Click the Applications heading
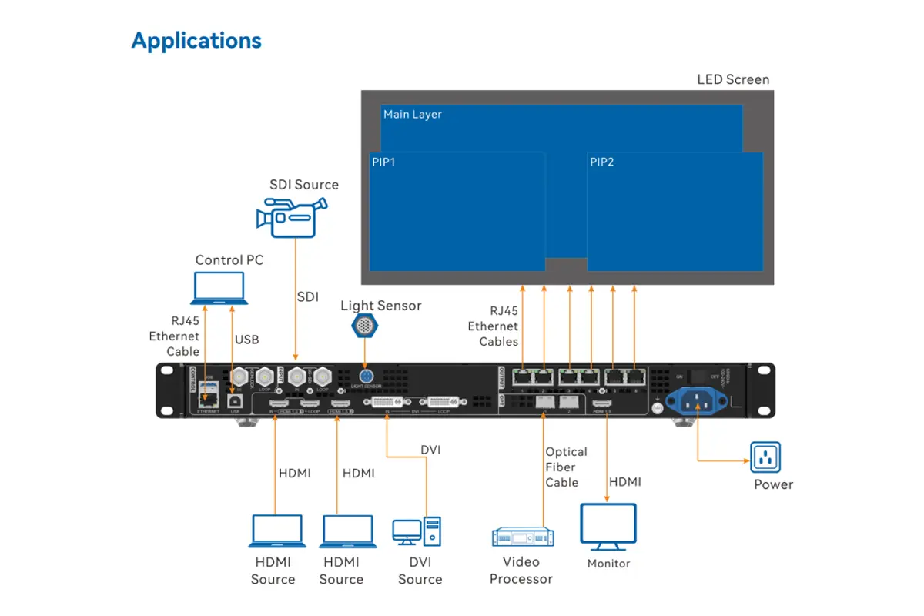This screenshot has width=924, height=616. [196, 41]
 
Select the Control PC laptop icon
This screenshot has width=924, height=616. [219, 289]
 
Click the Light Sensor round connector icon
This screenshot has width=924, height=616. [365, 326]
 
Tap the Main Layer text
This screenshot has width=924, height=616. [413, 115]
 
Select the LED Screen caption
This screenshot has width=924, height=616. [732, 79]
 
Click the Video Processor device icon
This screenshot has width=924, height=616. [522, 537]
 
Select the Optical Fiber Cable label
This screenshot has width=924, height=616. [566, 467]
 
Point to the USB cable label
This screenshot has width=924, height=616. [246, 340]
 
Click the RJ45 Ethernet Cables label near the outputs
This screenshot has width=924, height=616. [493, 326]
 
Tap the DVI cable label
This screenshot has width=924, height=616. [430, 450]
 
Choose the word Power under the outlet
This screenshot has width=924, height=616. [773, 484]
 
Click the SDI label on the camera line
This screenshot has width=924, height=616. [307, 296]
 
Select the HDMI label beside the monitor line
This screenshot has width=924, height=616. [624, 482]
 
